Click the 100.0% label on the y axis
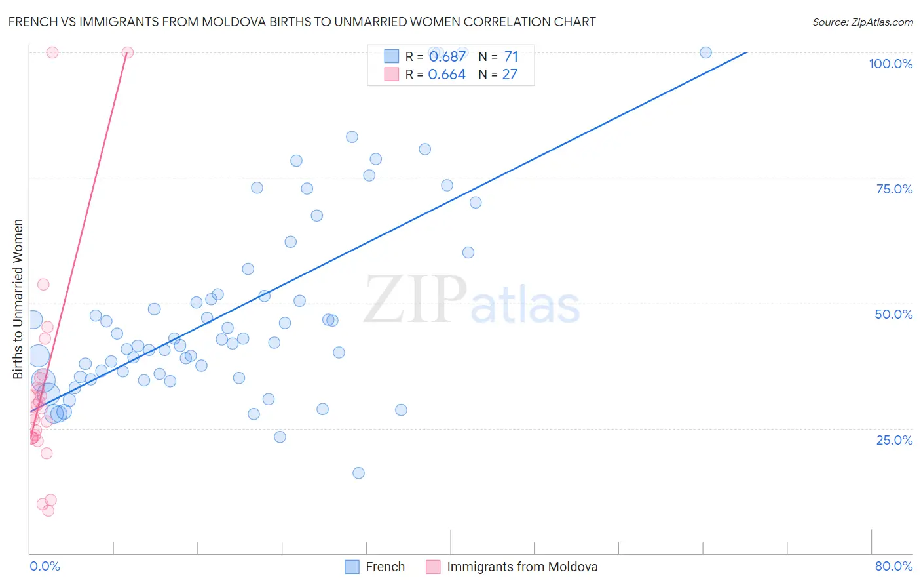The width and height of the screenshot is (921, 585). click(x=890, y=64)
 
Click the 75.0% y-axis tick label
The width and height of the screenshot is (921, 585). click(x=894, y=189)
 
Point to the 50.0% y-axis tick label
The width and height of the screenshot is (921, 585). click(x=893, y=314)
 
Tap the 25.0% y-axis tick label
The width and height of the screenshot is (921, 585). click(x=894, y=440)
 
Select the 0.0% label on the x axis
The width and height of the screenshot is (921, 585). click(x=45, y=566)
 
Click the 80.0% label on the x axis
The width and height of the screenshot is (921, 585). click(x=893, y=566)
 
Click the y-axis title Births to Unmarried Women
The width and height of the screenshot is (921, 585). click(x=18, y=299)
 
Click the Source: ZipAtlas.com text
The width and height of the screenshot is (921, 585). click(x=862, y=22)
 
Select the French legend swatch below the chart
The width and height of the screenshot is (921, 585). click(x=352, y=567)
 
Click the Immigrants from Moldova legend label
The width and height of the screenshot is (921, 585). click(x=522, y=567)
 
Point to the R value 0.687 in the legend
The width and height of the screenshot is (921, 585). click(x=447, y=56)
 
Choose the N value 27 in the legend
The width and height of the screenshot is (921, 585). click(x=510, y=74)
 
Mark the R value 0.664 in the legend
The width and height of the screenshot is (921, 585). click(x=447, y=74)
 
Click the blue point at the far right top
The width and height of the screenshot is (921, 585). click(x=705, y=52)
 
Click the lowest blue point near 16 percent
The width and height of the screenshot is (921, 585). click(x=358, y=473)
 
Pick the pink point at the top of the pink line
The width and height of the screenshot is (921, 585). click(x=128, y=52)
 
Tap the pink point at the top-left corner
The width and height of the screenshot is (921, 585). click(x=52, y=52)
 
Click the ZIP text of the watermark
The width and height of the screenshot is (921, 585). click(x=415, y=300)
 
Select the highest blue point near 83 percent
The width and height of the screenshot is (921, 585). click(x=352, y=137)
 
